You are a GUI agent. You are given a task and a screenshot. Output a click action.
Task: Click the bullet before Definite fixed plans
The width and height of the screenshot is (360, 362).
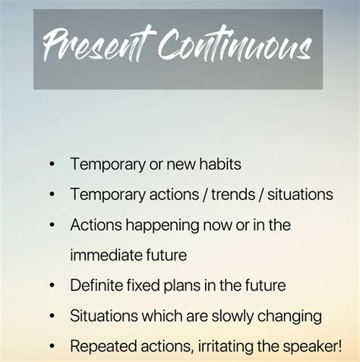[52, 286]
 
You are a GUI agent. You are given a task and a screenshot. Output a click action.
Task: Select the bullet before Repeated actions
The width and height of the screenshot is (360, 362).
[52, 347]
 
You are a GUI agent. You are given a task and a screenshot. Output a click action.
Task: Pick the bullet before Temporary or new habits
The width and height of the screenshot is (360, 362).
[52, 163]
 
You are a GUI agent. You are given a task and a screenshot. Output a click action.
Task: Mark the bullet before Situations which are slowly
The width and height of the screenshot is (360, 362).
[52, 316]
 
